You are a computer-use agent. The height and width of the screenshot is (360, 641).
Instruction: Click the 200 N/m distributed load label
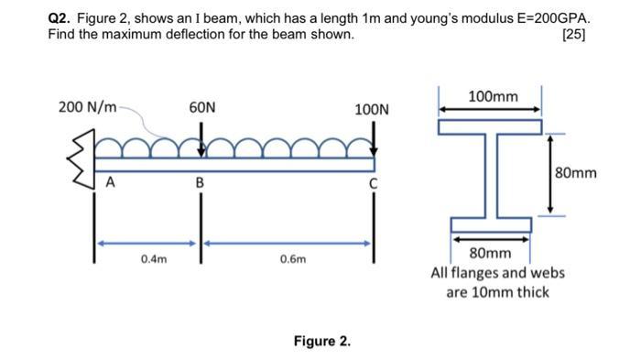point(87,108)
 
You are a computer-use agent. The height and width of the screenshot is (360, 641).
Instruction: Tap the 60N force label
point(202,108)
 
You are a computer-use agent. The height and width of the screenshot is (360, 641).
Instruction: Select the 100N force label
point(372,110)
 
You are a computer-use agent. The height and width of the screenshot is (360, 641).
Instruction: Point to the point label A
point(110,181)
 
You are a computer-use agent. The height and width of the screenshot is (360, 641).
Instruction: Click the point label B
point(198,181)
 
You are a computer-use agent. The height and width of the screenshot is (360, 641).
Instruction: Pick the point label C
point(372,182)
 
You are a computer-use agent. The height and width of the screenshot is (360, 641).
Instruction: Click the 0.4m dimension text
point(154,259)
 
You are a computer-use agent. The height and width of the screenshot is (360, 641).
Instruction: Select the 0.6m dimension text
point(293,259)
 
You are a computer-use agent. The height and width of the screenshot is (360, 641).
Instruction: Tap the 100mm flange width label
point(492,96)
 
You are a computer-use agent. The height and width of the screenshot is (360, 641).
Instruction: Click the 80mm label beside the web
point(575,172)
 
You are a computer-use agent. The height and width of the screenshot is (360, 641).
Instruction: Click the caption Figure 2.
point(320,341)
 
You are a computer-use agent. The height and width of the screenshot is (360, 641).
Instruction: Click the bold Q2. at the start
point(60,18)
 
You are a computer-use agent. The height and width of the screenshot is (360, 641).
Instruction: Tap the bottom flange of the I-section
point(490,224)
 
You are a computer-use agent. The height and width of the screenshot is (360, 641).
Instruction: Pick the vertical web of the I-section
point(490,174)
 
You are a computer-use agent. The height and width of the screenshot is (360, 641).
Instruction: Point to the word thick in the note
point(531,292)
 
